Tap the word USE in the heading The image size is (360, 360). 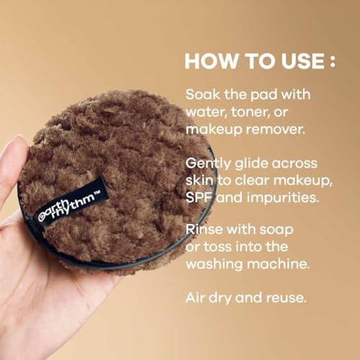pos(294,60)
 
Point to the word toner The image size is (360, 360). pos(253,111)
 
